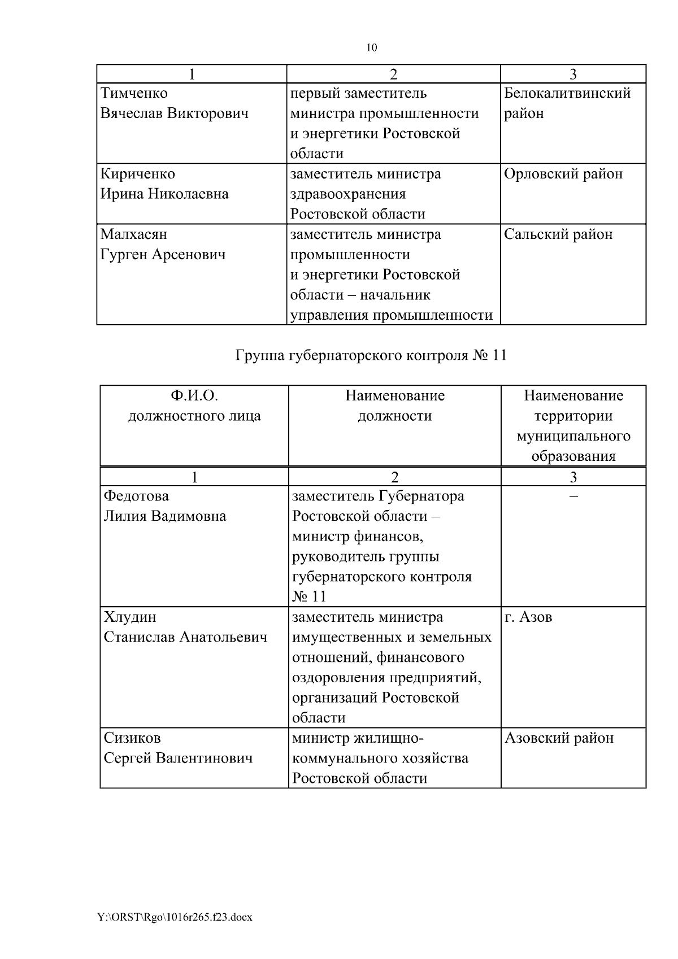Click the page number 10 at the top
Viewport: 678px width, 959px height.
pyautogui.click(x=372, y=47)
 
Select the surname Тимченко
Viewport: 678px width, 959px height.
pyautogui.click(x=134, y=93)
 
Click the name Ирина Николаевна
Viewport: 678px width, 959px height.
pyautogui.click(x=164, y=194)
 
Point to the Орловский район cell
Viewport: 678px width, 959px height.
pyautogui.click(x=563, y=174)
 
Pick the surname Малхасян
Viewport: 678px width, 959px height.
pyautogui.click(x=134, y=234)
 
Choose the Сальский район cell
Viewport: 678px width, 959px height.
pyautogui.click(x=558, y=234)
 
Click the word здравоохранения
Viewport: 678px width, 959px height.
pyautogui.click(x=348, y=194)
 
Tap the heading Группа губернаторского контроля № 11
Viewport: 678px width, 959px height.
pyautogui.click(x=371, y=355)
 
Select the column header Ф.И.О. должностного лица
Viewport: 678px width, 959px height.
pyautogui.click(x=194, y=406)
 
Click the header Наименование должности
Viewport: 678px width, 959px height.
pyautogui.click(x=395, y=406)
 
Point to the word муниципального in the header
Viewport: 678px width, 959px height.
pyautogui.click(x=573, y=437)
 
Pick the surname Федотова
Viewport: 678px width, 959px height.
pyautogui.click(x=136, y=496)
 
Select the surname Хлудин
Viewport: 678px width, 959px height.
pyautogui.click(x=131, y=617)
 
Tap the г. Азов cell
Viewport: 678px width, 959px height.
pyautogui.click(x=528, y=617)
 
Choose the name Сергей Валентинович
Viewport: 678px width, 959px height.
pyautogui.click(x=178, y=759)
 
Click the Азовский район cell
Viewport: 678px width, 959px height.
pyautogui.click(x=559, y=738)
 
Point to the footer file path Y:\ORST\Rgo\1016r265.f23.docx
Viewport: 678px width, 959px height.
pyautogui.click(x=175, y=917)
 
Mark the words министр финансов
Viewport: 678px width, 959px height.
pyautogui.click(x=358, y=537)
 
